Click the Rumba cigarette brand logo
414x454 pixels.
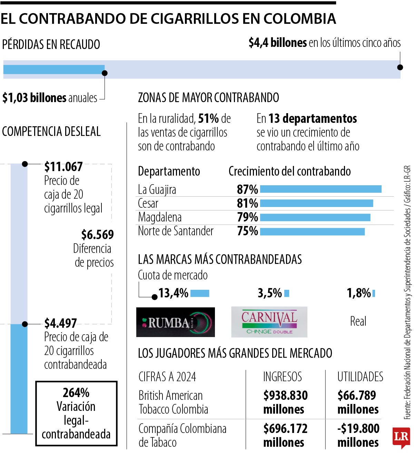[175, 322]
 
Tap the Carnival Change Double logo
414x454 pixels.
[269, 322]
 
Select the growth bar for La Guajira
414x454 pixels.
[321, 189]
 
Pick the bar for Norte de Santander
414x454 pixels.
[312, 231]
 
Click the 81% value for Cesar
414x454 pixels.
[247, 203]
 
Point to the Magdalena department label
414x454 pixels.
[159, 217]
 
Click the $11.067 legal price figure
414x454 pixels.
[63, 167]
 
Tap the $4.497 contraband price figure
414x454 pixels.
[60, 323]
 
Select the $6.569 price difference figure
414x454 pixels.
[98, 235]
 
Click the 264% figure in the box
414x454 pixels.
[76, 393]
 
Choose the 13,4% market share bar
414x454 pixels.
[200, 293]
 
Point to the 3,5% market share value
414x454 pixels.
[270, 293]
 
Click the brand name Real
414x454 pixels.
[358, 322]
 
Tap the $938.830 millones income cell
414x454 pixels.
[285, 402]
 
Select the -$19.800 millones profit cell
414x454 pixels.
[358, 435]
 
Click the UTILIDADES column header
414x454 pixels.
[360, 377]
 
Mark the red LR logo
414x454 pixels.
[401, 437]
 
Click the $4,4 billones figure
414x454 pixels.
[277, 43]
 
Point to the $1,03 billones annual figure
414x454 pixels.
[34, 98]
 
